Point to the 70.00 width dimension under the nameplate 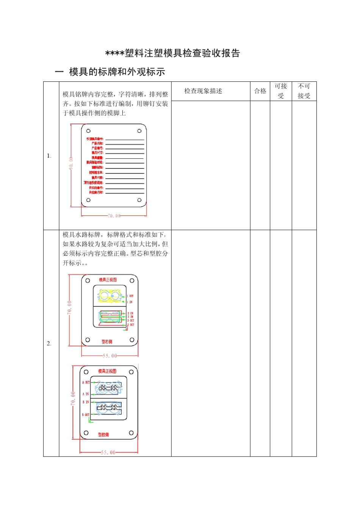[x=114, y=216]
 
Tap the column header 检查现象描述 [x=203, y=91]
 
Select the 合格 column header [x=260, y=91]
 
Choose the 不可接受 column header [x=304, y=91]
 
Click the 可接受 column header [x=281, y=91]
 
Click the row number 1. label [x=49, y=156]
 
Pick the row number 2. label [x=49, y=343]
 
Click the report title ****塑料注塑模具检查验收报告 [x=173, y=53]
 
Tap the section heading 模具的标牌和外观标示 [x=117, y=72]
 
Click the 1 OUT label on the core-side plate [x=130, y=296]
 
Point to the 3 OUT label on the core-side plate [x=130, y=320]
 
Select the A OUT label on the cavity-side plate [x=86, y=383]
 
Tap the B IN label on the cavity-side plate [x=86, y=402]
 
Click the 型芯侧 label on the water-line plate [x=107, y=342]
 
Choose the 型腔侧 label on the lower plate [x=103, y=434]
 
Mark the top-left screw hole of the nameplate [x=88, y=131]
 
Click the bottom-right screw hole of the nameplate [x=139, y=200]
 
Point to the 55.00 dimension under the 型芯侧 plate [x=110, y=356]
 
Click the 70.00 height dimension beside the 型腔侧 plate [x=73, y=399]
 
